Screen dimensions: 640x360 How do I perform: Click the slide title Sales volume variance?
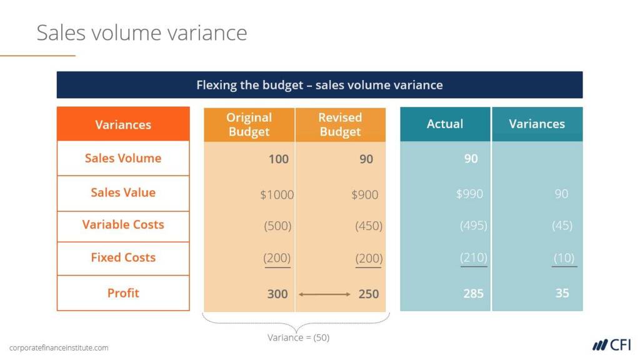click(x=142, y=32)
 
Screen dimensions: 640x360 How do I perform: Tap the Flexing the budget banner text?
click(x=319, y=85)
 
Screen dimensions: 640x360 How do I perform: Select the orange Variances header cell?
click(x=123, y=124)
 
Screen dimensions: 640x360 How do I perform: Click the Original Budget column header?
click(x=249, y=124)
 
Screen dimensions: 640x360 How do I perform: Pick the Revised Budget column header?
click(x=341, y=124)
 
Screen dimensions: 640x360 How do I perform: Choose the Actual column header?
click(x=445, y=124)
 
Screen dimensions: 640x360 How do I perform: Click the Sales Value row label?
click(x=123, y=192)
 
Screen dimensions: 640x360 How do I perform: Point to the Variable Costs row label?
click(x=123, y=224)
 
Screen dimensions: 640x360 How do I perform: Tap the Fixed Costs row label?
click(x=123, y=257)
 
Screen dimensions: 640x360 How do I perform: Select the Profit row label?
click(x=123, y=293)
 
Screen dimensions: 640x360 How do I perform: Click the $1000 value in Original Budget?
click(x=277, y=195)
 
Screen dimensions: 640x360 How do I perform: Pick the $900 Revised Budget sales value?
click(x=365, y=195)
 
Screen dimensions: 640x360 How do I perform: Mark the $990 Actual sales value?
click(x=469, y=194)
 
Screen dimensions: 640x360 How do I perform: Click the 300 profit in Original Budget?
click(x=277, y=294)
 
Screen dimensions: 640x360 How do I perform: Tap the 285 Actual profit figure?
click(x=474, y=294)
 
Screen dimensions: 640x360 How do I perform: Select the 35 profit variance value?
click(x=562, y=293)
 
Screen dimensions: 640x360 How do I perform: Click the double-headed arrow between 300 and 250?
click(x=324, y=294)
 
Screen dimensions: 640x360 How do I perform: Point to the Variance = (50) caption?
click(x=298, y=337)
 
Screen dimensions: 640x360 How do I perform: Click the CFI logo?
click(x=611, y=345)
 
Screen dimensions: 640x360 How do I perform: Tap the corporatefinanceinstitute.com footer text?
click(x=59, y=347)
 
